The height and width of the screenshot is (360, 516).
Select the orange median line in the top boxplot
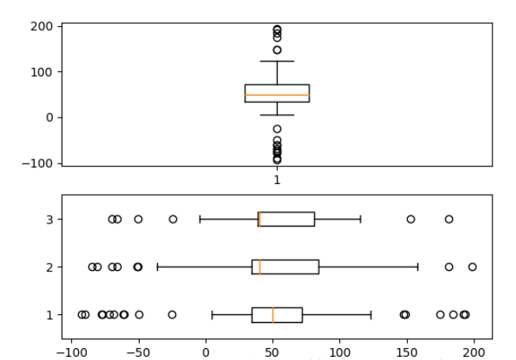(277, 95)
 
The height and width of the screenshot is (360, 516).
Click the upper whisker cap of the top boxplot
(277, 61)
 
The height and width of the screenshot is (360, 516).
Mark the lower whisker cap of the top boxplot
(277, 115)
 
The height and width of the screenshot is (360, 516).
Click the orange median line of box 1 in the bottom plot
(273, 314)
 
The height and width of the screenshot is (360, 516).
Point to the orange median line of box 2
(260, 267)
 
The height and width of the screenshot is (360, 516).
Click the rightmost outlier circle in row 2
(472, 267)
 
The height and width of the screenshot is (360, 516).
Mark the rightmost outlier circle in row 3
(449, 219)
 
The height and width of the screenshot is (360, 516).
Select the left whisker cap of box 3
(200, 219)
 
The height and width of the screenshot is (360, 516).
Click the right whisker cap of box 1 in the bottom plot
(371, 314)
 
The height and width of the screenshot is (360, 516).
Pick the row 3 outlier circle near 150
(410, 219)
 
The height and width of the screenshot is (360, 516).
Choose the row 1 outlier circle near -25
(172, 314)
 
